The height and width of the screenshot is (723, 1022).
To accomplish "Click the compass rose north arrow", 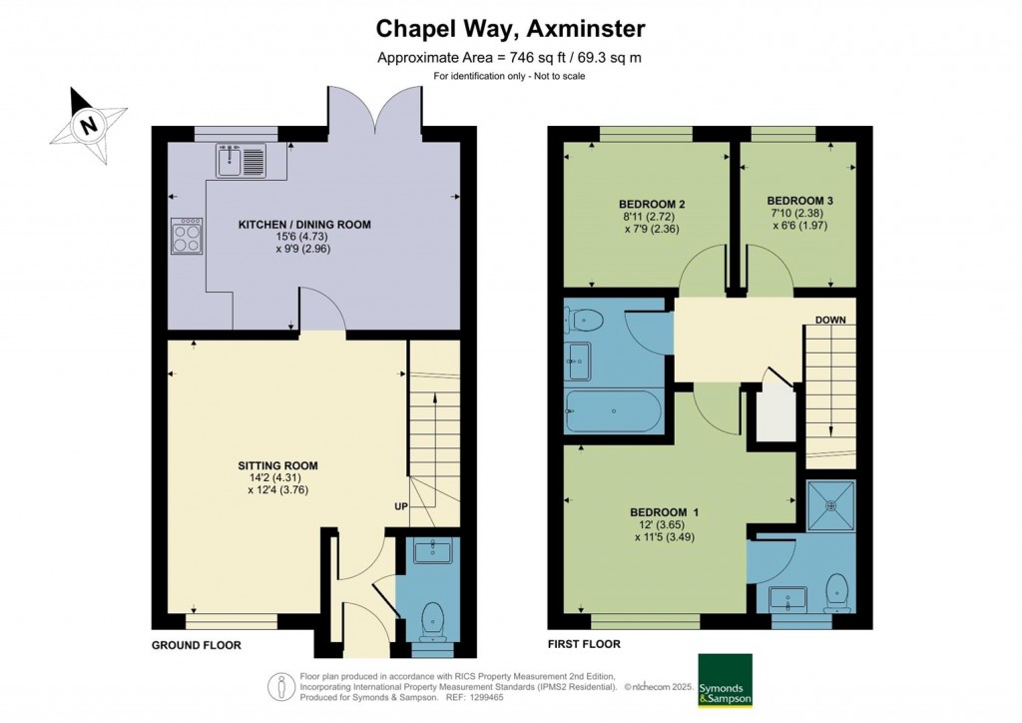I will click(90, 125).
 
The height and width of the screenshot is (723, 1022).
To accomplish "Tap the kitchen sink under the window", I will click(240, 160).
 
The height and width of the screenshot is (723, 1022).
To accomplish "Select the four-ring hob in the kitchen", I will click(187, 236).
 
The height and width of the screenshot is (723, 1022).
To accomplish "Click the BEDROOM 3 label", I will click(799, 200).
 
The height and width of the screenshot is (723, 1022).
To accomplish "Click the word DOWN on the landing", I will click(830, 321).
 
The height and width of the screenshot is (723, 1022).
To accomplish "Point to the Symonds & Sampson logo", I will click(725, 680).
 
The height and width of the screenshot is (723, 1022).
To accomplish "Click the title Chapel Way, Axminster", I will click(509, 27).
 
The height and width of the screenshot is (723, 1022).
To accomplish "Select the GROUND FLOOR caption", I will click(196, 645).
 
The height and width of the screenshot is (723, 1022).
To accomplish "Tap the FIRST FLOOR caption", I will click(584, 645).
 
